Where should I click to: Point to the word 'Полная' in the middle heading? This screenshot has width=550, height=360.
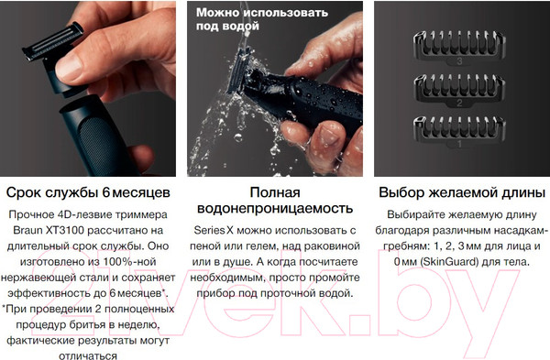coord(275,191)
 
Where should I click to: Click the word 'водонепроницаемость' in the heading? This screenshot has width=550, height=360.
coord(275,208)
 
